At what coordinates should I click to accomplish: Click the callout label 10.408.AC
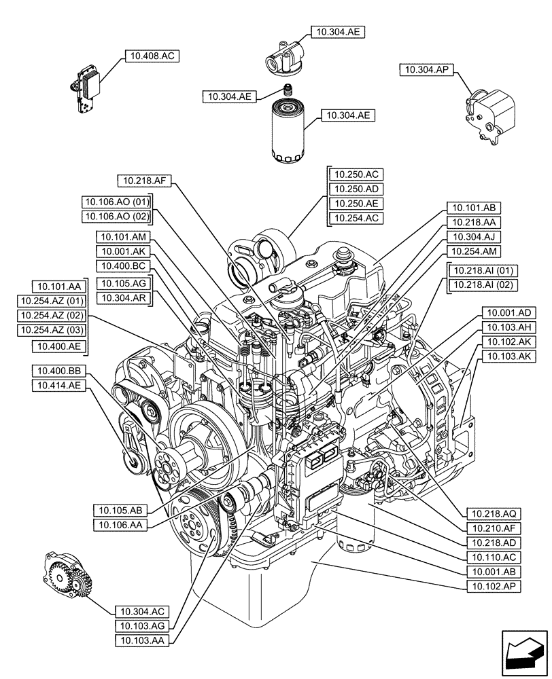[151, 56]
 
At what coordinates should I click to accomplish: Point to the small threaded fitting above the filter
[288, 89]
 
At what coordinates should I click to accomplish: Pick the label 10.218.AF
[145, 181]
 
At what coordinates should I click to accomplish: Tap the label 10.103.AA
[142, 639]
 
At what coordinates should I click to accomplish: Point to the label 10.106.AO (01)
[116, 202]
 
